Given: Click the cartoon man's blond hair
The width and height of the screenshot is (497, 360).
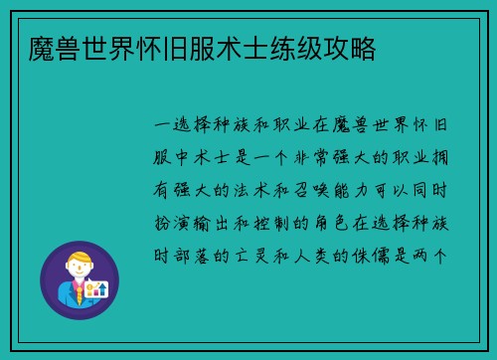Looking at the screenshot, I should tap(78, 258).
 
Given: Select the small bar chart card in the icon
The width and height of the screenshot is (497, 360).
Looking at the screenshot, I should tap(97, 289).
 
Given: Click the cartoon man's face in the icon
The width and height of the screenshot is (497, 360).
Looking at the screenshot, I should tap(78, 271).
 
